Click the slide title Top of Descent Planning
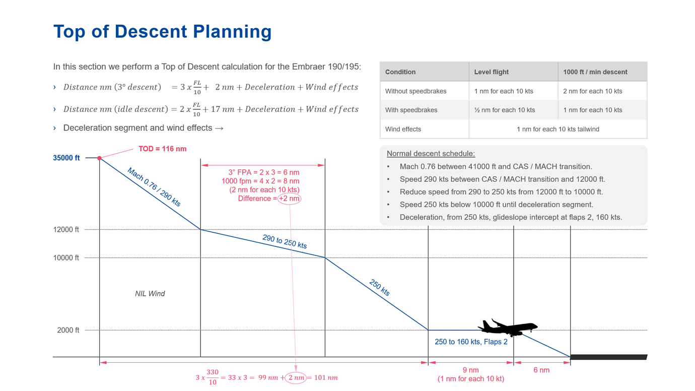pos(162,31)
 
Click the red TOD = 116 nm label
pos(162,149)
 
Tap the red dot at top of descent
pos(100,158)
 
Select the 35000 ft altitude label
pos(66,158)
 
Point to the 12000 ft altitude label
pos(66,230)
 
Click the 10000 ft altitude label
pos(66,258)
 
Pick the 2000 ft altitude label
pos(68,331)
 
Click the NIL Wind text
pos(150,294)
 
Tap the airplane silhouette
pos(507,327)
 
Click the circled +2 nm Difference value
pos(290,199)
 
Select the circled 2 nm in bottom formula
pos(296,377)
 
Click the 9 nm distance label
pos(470,370)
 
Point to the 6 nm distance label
pos(541,370)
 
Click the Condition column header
pos(400,72)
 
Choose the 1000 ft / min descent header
pos(595,72)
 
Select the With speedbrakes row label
pos(411,110)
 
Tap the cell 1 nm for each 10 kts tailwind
pos(558,129)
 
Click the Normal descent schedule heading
pos(431,154)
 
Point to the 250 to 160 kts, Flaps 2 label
pos(471,342)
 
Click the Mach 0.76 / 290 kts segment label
pos(154,187)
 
